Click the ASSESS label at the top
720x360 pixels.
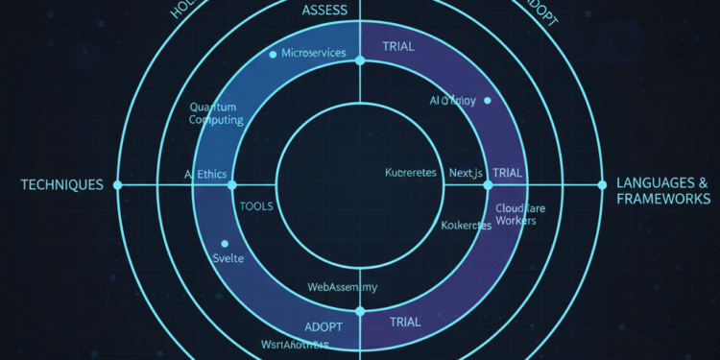[325, 11]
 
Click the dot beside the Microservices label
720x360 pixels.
[274, 53]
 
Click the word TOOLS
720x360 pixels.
[256, 205]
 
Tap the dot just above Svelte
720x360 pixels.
[225, 244]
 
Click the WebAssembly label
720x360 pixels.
[342, 286]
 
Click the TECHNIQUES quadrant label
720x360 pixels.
[61, 184]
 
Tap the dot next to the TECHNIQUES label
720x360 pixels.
[118, 184]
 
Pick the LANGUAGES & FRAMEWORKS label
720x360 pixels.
[663, 190]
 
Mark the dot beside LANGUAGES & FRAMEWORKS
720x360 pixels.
[602, 184]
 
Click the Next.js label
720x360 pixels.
[470, 174]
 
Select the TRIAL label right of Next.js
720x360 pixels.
[508, 174]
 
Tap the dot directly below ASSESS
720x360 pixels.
[360, 60]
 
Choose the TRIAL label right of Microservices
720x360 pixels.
[398, 45]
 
